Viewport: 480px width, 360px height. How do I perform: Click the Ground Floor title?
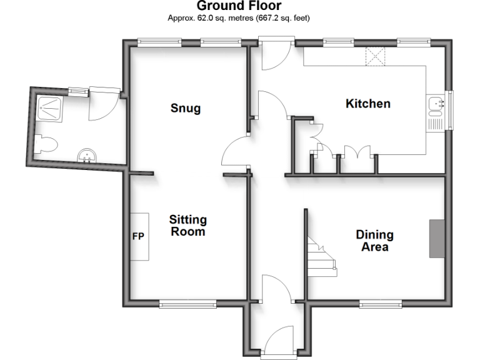pos(239,6)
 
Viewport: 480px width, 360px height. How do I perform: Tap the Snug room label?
pos(186,108)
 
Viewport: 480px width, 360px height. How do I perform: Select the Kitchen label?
pos(368,104)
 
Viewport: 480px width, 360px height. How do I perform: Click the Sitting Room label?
pos(187,226)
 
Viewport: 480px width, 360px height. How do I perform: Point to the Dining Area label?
pos(375,241)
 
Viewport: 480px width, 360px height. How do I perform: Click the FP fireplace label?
pos(138,237)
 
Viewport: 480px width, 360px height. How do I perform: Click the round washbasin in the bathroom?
pos(87,155)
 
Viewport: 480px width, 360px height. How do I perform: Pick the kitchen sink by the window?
pos(436,111)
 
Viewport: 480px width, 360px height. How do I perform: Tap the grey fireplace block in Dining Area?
pos(436,238)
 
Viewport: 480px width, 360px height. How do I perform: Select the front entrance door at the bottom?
pos(279,343)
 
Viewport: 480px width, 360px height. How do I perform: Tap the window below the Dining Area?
pos(380,304)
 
